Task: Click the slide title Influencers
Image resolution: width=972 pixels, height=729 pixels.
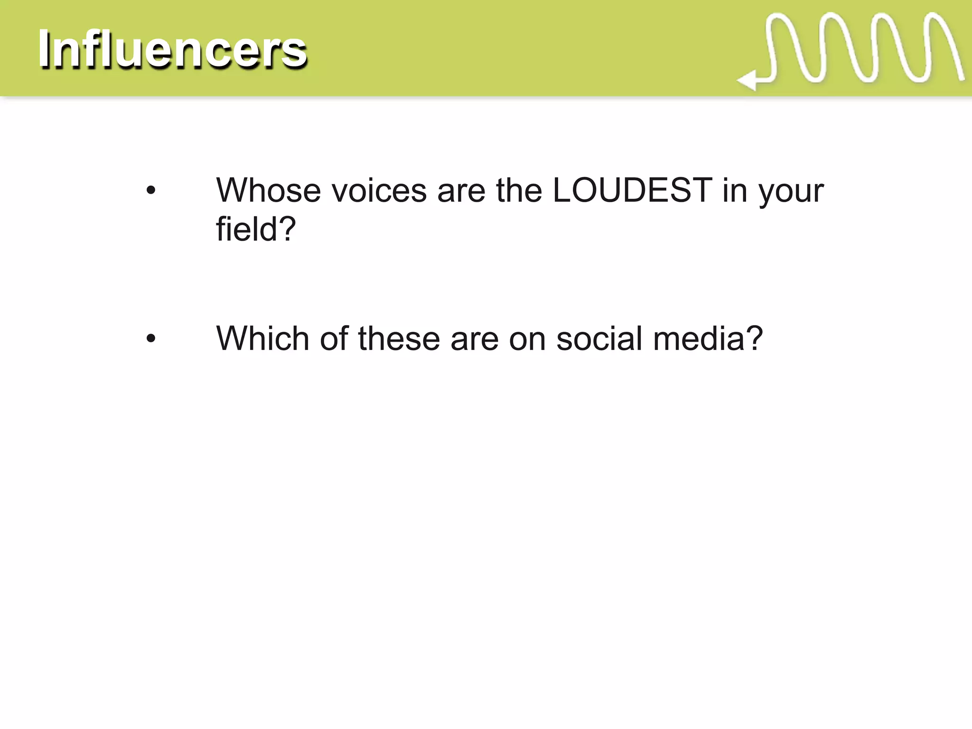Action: [172, 49]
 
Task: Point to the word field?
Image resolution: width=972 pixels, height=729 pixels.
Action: [256, 230]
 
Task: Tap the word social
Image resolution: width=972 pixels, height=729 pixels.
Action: [599, 339]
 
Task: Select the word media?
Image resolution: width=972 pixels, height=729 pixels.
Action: [708, 339]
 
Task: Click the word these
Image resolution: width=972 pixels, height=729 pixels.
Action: [399, 339]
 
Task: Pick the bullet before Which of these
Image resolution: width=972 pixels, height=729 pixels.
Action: [151, 339]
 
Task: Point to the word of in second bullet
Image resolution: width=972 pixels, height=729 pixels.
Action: [334, 339]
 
